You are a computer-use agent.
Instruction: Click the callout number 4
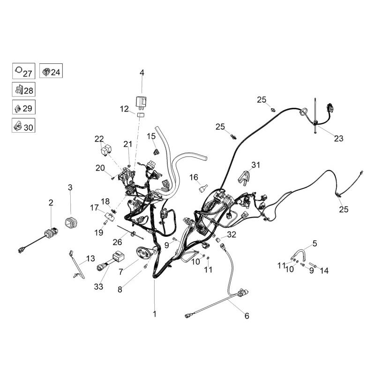click(x=142, y=73)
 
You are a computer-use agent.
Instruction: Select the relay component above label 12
click(x=141, y=100)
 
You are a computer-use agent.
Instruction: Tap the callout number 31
click(x=255, y=164)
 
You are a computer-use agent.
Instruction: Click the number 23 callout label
click(x=338, y=138)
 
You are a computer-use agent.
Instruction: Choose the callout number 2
click(x=51, y=202)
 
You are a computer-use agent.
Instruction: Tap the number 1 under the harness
click(x=154, y=314)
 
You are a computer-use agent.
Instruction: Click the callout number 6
click(x=247, y=316)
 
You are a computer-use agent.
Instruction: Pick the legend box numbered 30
click(x=23, y=127)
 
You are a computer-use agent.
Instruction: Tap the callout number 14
click(x=324, y=270)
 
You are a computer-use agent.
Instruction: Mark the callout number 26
click(x=117, y=242)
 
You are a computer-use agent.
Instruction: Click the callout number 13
click(x=90, y=258)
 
